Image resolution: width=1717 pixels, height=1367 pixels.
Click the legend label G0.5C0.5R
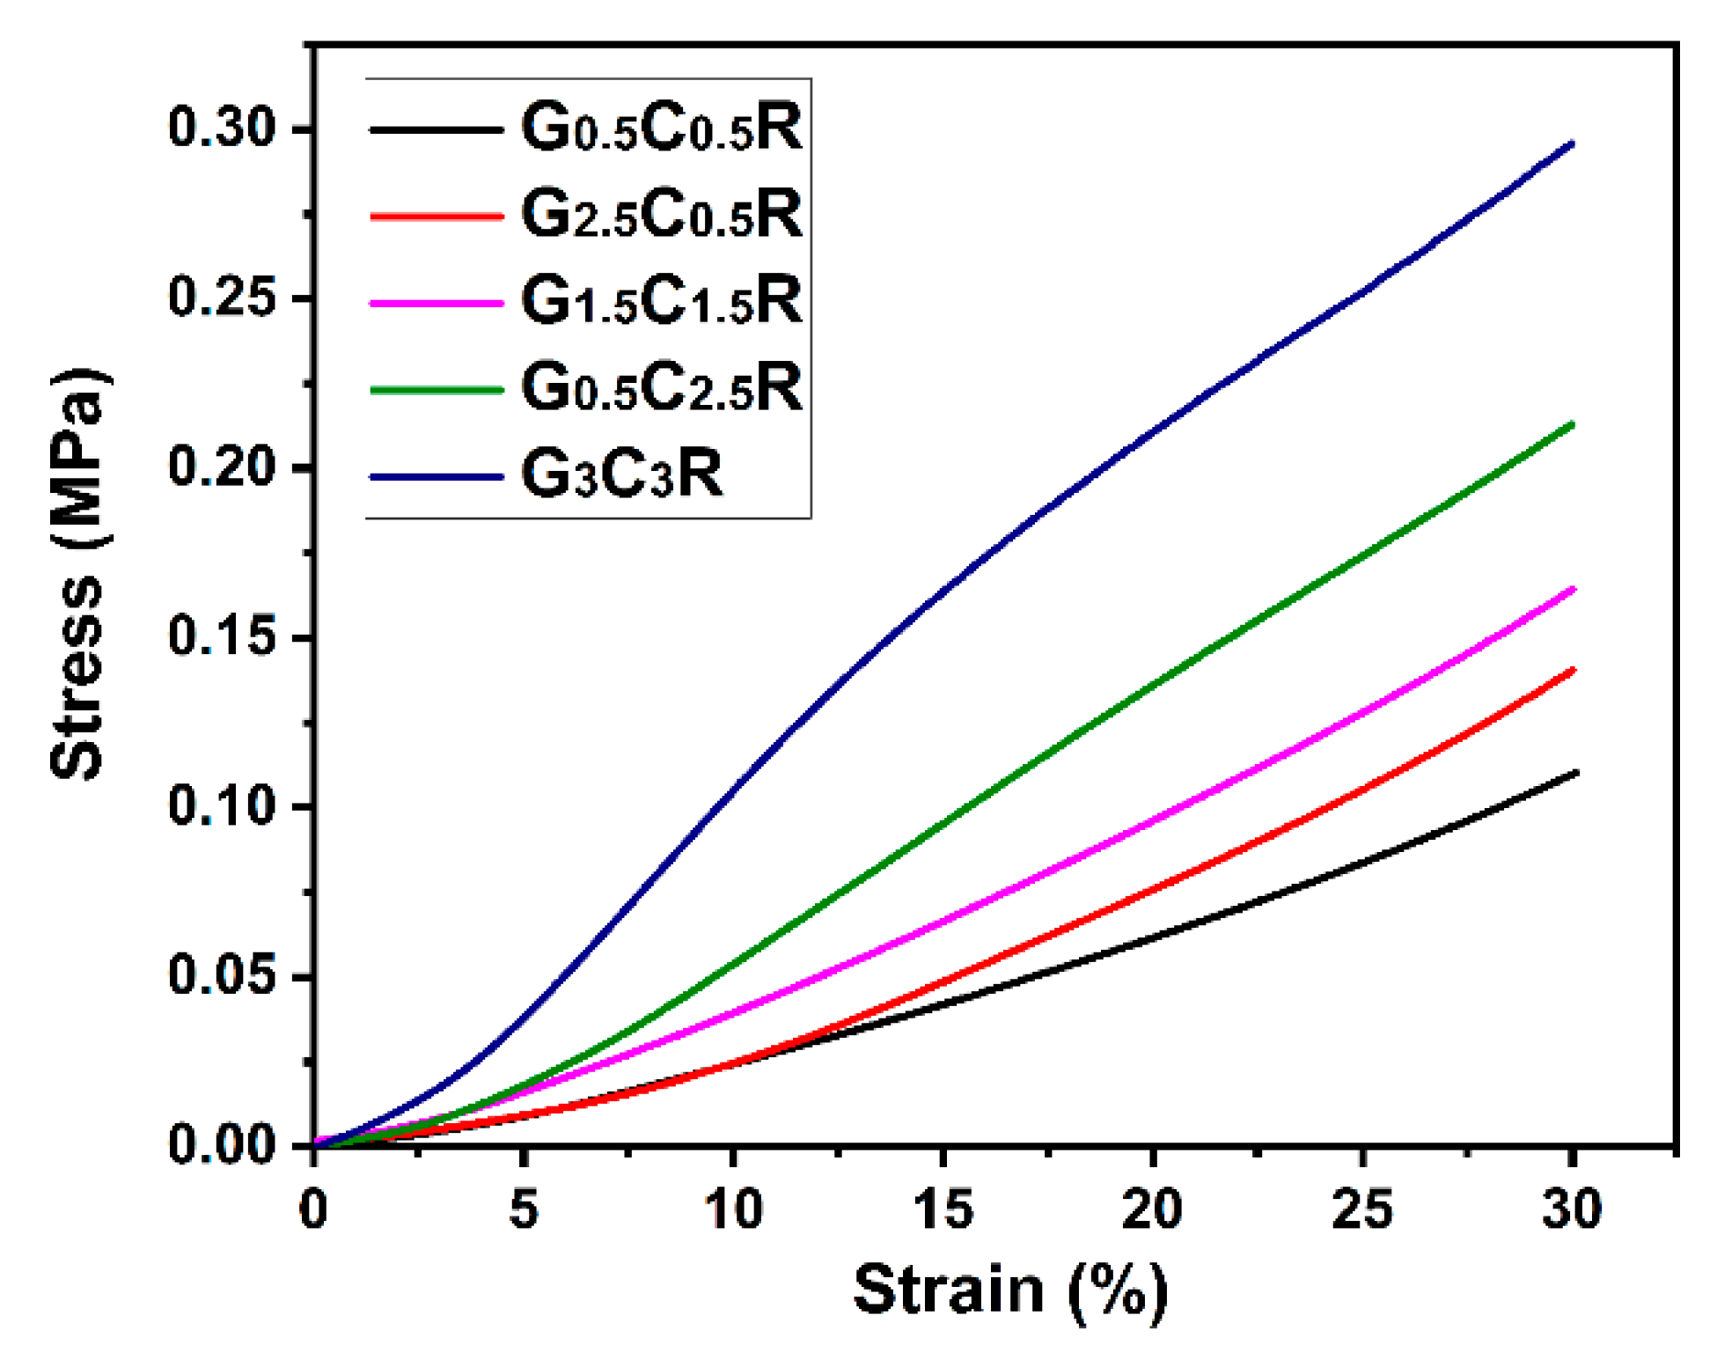click(661, 129)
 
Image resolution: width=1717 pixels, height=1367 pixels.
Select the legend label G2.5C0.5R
click(661, 215)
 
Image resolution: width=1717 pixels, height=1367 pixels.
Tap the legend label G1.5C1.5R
click(661, 301)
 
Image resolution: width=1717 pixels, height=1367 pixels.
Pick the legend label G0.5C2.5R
click(661, 387)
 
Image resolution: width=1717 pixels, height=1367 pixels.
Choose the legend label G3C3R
click(621, 474)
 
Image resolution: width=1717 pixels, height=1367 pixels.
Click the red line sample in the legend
click(436, 215)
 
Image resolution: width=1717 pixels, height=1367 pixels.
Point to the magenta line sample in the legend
click(436, 302)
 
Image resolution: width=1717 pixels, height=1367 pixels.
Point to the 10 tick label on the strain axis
click(733, 1209)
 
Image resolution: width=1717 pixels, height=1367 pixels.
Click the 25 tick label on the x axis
click(1362, 1209)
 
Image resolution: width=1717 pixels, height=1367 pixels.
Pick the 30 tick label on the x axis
click(1572, 1209)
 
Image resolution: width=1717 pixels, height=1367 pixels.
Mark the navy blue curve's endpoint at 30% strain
click(1572, 143)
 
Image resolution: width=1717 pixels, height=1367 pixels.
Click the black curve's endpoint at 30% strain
click(1574, 774)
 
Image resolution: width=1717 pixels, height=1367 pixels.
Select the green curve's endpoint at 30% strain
click(1572, 424)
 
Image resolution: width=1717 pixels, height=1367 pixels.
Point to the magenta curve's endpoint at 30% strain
click(1572, 589)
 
